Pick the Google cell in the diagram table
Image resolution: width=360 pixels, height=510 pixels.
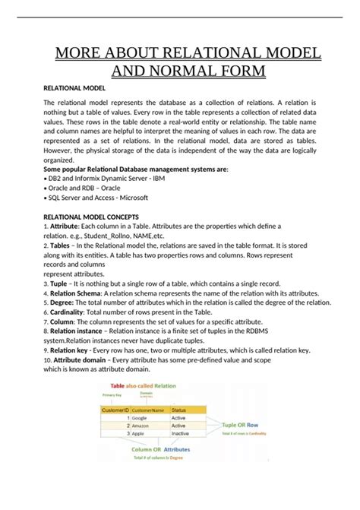[140, 417]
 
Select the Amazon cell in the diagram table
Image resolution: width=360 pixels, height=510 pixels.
[142, 426]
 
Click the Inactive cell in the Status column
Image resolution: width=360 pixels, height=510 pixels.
[182, 435]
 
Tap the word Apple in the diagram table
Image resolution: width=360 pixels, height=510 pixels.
[140, 435]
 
